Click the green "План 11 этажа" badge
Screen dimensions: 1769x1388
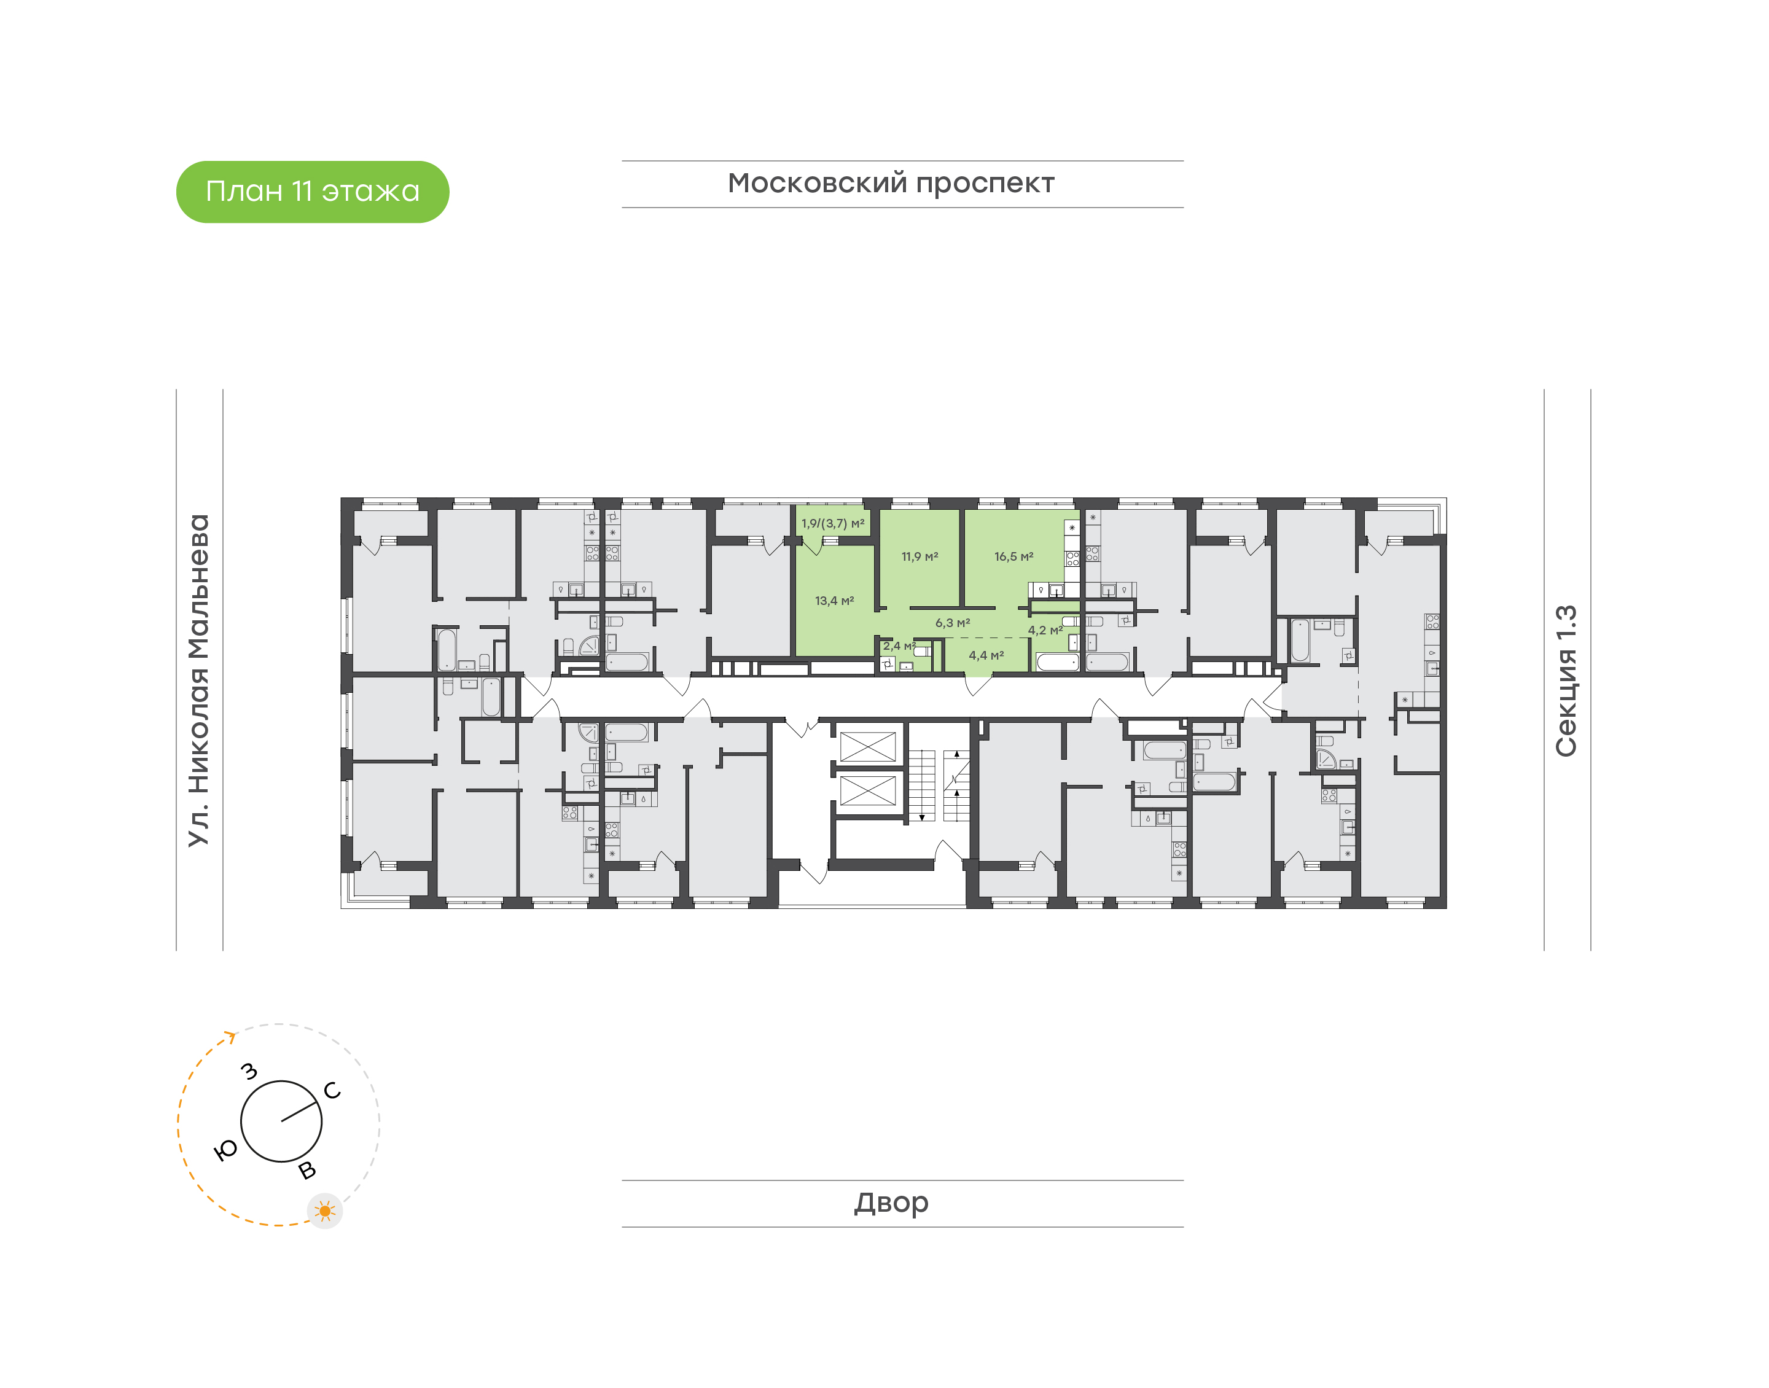[x=312, y=192]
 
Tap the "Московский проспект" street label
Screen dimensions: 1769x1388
[x=891, y=184]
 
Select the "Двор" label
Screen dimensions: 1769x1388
[x=891, y=1203]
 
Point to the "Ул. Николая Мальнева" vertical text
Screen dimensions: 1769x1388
[x=199, y=680]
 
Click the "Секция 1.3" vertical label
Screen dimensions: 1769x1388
[x=1565, y=680]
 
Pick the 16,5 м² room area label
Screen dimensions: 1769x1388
[x=1013, y=556]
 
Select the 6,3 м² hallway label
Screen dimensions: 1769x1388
[x=952, y=623]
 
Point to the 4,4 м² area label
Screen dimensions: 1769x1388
[x=986, y=655]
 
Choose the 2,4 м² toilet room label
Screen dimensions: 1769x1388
[x=899, y=646]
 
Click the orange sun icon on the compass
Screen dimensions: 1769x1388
[x=325, y=1211]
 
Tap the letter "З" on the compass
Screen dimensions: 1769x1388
[x=249, y=1071]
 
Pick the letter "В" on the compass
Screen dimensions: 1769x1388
[x=307, y=1170]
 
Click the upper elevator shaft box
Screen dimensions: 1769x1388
[x=867, y=747]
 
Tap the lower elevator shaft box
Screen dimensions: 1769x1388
[x=867, y=790]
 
